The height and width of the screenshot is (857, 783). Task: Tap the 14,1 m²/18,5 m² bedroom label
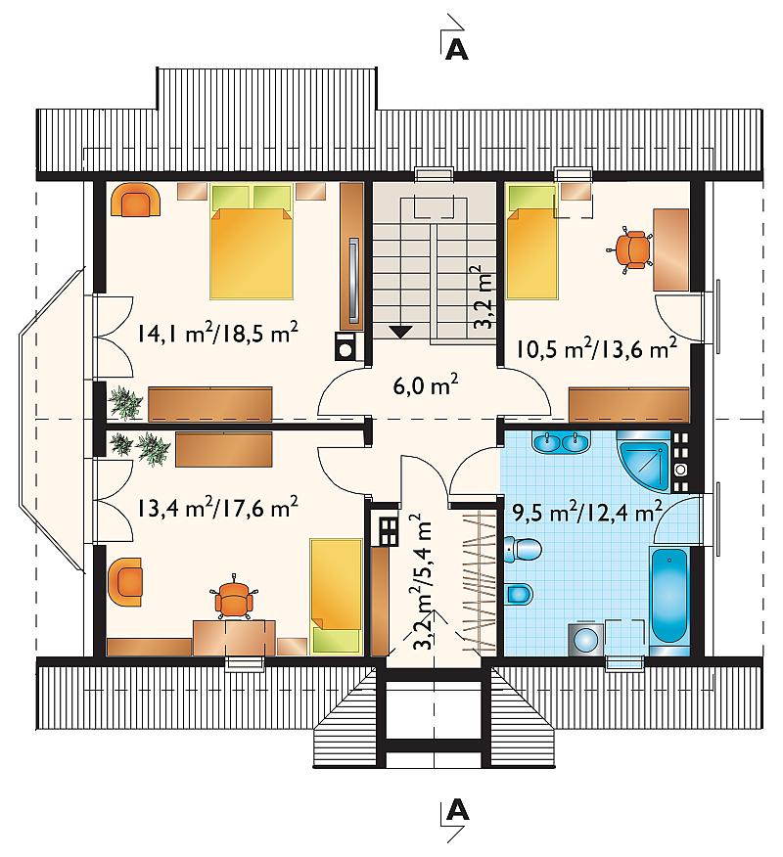[216, 333]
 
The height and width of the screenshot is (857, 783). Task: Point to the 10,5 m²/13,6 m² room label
[596, 348]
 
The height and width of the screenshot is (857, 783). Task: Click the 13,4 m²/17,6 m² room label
[216, 508]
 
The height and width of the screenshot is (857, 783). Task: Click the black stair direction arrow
[401, 332]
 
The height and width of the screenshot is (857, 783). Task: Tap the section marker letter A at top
[457, 50]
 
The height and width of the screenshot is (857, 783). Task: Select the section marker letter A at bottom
[457, 811]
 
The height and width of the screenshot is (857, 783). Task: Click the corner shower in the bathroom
[643, 460]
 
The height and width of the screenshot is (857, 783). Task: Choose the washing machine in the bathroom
[585, 639]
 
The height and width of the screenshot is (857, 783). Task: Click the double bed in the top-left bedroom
[252, 242]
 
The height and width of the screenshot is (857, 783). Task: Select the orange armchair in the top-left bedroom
[136, 201]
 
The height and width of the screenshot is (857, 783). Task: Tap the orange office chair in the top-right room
[632, 248]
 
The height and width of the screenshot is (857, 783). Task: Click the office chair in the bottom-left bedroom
[235, 597]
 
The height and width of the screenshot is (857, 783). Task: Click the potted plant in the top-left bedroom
[125, 403]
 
